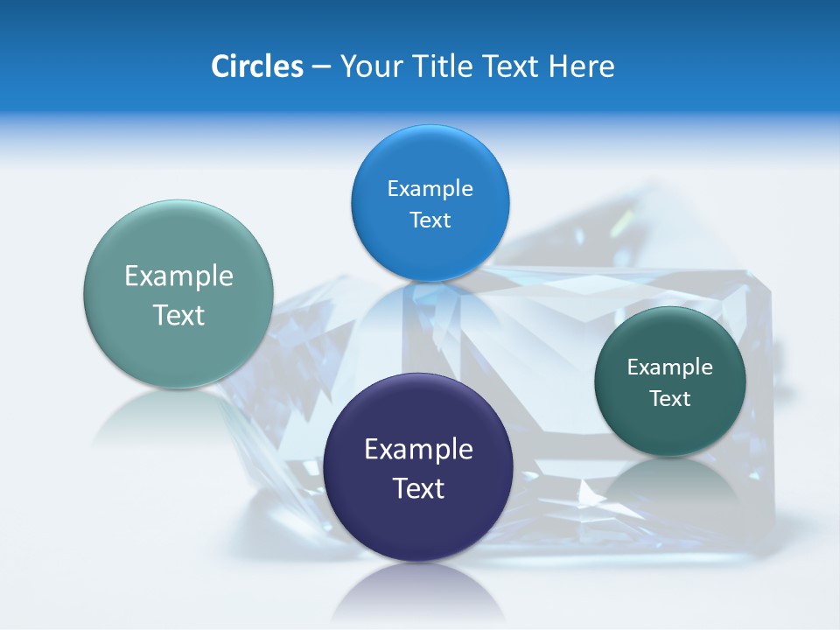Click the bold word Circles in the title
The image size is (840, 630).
point(256,66)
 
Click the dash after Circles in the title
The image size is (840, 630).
point(321,66)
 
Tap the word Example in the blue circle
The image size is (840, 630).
point(430,188)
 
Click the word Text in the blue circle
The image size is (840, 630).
point(430,220)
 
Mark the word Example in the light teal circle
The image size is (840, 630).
point(178,276)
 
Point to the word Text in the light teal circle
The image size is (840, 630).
point(178,315)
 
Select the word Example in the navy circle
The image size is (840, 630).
point(418,449)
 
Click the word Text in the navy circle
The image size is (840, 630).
point(418,488)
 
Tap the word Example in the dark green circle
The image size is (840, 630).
point(670,367)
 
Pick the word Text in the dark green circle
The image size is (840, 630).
point(670,398)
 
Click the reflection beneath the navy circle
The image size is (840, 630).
point(418,595)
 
